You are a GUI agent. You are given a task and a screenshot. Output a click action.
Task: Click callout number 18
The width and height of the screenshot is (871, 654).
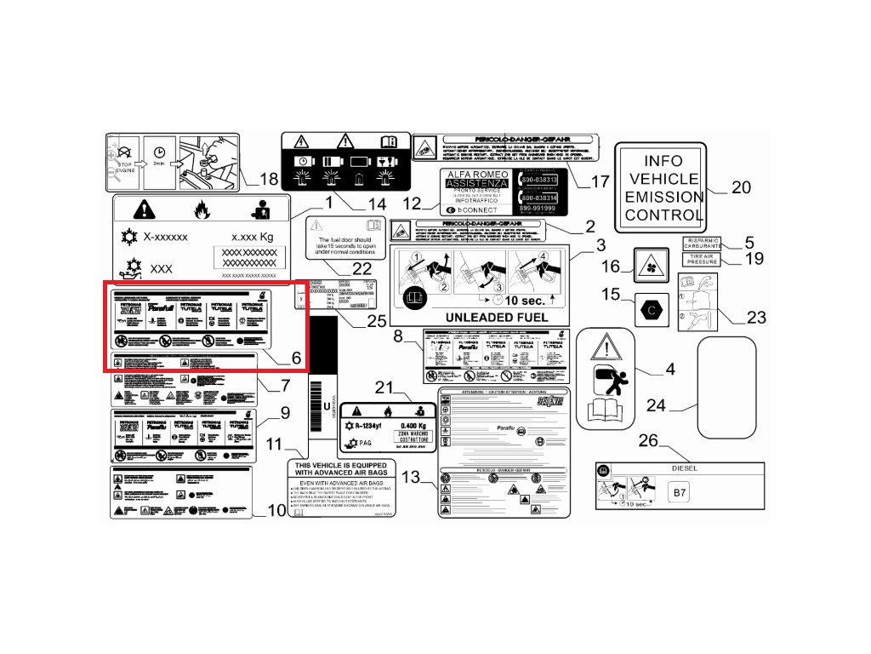point(269,180)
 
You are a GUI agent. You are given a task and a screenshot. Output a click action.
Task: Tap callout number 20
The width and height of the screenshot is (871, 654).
point(741,187)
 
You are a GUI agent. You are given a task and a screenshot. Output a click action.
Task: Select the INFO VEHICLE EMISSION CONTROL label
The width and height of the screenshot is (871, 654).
point(663,187)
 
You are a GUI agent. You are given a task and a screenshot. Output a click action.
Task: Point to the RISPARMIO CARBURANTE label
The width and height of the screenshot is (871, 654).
point(702,244)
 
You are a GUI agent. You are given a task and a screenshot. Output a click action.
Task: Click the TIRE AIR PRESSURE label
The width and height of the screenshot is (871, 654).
point(702,260)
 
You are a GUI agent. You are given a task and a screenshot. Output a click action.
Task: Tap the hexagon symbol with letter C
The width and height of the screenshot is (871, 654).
point(652,309)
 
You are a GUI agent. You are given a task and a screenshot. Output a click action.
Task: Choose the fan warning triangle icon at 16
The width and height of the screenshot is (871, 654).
point(652,266)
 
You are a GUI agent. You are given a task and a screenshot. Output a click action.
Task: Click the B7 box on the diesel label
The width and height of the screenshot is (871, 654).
point(678,492)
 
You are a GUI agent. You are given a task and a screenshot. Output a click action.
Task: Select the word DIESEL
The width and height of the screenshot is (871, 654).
point(684,468)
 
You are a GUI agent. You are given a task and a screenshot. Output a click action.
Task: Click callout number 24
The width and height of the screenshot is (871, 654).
point(656,406)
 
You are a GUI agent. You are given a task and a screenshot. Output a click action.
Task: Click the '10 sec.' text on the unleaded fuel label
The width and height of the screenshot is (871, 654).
point(527,301)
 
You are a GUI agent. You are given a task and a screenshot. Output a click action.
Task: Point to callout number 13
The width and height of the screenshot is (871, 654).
point(411,478)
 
